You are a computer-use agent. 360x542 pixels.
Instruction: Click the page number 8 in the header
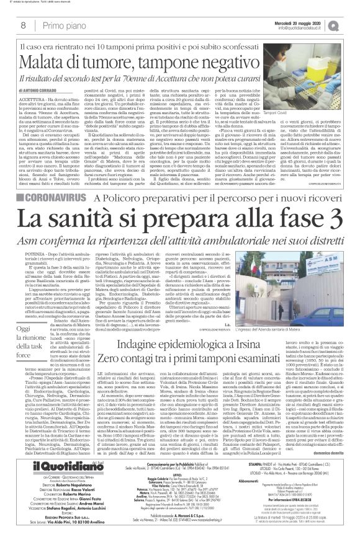tap(23, 25)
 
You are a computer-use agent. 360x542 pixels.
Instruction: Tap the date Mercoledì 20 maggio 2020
tap(308, 22)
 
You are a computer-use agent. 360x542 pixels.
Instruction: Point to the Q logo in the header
tap(351, 25)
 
